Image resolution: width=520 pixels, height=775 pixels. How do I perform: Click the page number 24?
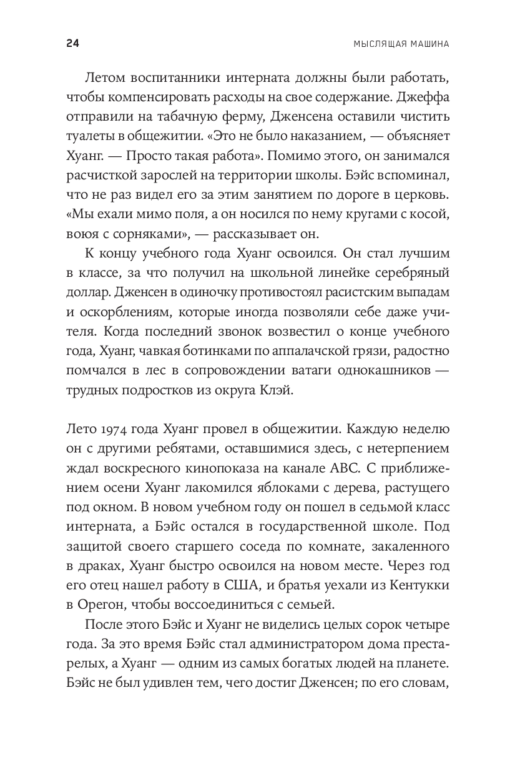72,44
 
